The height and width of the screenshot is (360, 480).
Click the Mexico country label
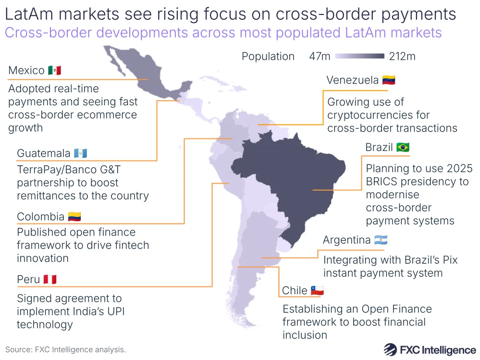[x=26, y=71]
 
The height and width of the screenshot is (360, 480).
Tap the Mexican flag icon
[x=55, y=71]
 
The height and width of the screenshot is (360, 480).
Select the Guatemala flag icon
[x=81, y=153]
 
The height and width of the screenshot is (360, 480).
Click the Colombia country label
[x=40, y=217]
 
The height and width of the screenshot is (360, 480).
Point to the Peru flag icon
[x=50, y=279]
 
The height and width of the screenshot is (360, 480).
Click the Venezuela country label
[x=352, y=80]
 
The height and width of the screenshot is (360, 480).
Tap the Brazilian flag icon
[x=403, y=147]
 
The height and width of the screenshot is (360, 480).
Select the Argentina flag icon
[x=381, y=240]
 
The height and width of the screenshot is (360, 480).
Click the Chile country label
[x=295, y=291]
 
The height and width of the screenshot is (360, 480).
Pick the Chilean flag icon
[x=317, y=291]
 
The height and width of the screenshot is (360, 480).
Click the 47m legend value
[x=320, y=56]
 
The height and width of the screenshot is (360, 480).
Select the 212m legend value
[x=402, y=56]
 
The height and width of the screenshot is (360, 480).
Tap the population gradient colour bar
[x=360, y=56]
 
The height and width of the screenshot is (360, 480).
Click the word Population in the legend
[x=268, y=56]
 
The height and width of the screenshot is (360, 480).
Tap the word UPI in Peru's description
[x=113, y=311]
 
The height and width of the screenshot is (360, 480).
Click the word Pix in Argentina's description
[x=449, y=260]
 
